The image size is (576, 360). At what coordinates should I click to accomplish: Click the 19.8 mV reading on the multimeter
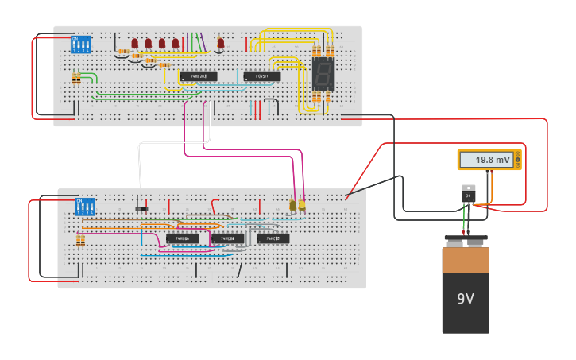pyautogui.click(x=493, y=160)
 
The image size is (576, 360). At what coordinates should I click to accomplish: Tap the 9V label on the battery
pyautogui.click(x=465, y=299)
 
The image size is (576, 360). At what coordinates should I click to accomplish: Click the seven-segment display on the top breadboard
pyautogui.click(x=322, y=75)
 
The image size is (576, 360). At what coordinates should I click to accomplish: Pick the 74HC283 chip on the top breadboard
pyautogui.click(x=198, y=76)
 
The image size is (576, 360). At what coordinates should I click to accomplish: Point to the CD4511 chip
pyautogui.click(x=261, y=76)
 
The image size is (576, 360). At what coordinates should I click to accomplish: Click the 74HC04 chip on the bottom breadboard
pyautogui.click(x=182, y=238)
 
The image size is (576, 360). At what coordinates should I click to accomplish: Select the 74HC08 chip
pyautogui.click(x=228, y=238)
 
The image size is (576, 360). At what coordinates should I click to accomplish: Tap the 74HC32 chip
pyautogui.click(x=273, y=238)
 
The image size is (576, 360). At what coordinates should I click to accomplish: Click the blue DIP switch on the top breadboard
pyautogui.click(x=81, y=44)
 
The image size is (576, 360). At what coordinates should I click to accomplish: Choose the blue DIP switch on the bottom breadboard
pyautogui.click(x=85, y=207)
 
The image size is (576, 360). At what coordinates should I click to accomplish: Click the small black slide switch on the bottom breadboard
pyautogui.click(x=141, y=209)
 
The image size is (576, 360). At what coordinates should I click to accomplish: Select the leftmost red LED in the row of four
pyautogui.click(x=134, y=43)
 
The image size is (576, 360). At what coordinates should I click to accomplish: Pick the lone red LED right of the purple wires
pyautogui.click(x=220, y=44)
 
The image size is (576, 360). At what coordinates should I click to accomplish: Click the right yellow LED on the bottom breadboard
pyautogui.click(x=302, y=205)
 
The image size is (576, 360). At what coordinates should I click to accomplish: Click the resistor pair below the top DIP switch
pyautogui.click(x=76, y=78)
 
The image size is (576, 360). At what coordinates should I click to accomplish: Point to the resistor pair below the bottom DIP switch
pyautogui.click(x=80, y=241)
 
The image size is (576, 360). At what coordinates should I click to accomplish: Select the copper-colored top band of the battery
pyautogui.click(x=465, y=261)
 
